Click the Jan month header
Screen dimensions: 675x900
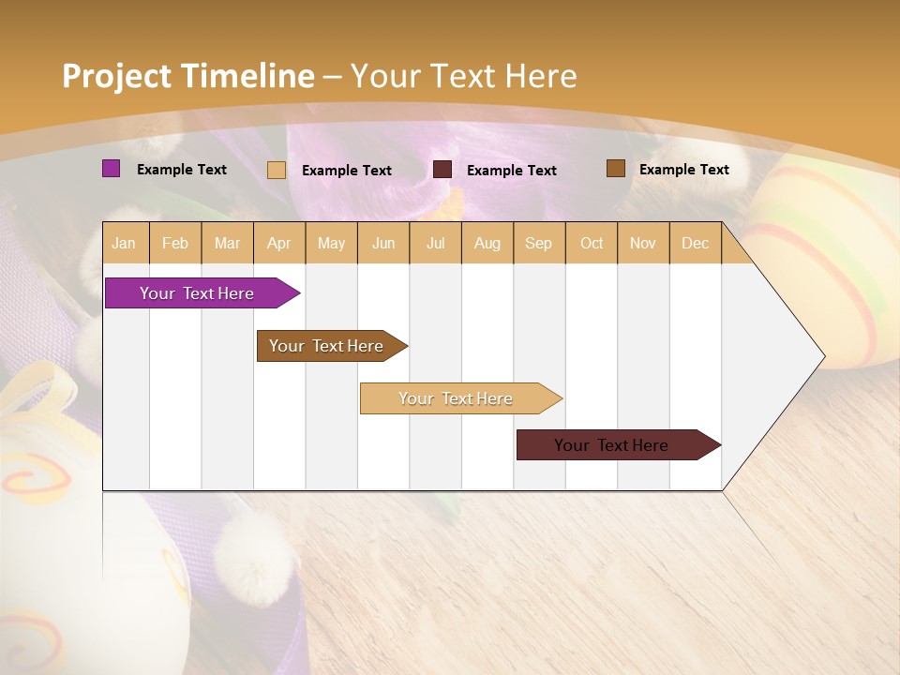(x=125, y=243)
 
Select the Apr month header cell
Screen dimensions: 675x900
(x=279, y=243)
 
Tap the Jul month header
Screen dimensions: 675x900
(x=435, y=243)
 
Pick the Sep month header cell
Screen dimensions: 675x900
(x=538, y=243)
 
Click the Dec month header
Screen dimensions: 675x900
(x=695, y=243)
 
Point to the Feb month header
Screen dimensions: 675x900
(x=175, y=243)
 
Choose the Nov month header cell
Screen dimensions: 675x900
(x=643, y=243)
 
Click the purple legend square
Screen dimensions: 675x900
(x=111, y=169)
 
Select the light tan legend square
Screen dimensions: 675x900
(x=277, y=170)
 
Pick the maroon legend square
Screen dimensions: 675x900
(x=442, y=170)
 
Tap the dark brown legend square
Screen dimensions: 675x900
(x=616, y=169)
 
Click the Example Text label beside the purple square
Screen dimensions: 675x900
(x=182, y=170)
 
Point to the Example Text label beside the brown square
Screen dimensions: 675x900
(x=684, y=170)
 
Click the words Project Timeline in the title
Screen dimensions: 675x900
(x=187, y=76)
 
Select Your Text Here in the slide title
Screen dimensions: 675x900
(x=463, y=76)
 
